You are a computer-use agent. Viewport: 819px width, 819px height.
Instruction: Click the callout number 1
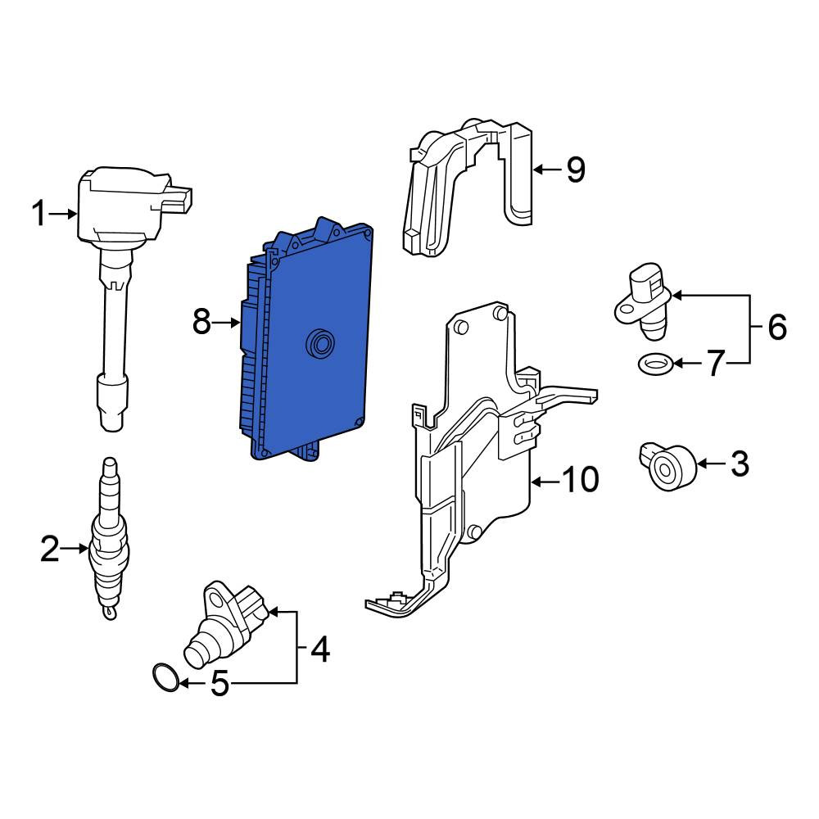38,214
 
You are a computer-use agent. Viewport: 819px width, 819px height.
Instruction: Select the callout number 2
50,549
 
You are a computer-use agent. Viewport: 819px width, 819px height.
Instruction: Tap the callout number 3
740,464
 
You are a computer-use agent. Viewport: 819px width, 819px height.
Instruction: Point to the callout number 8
201,322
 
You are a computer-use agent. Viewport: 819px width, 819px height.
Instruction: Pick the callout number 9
576,170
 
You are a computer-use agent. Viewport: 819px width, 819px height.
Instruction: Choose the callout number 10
581,479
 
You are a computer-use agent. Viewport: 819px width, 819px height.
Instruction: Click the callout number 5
219,683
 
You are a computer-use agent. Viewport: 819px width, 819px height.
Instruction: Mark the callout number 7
716,363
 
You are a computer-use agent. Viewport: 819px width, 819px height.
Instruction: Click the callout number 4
320,649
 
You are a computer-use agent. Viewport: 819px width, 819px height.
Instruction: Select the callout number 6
777,328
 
